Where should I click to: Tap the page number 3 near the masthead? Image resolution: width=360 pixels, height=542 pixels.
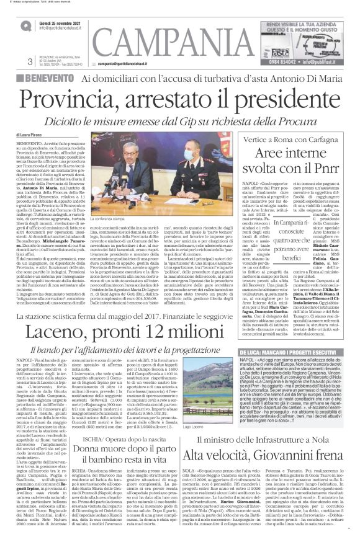click(30, 61)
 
